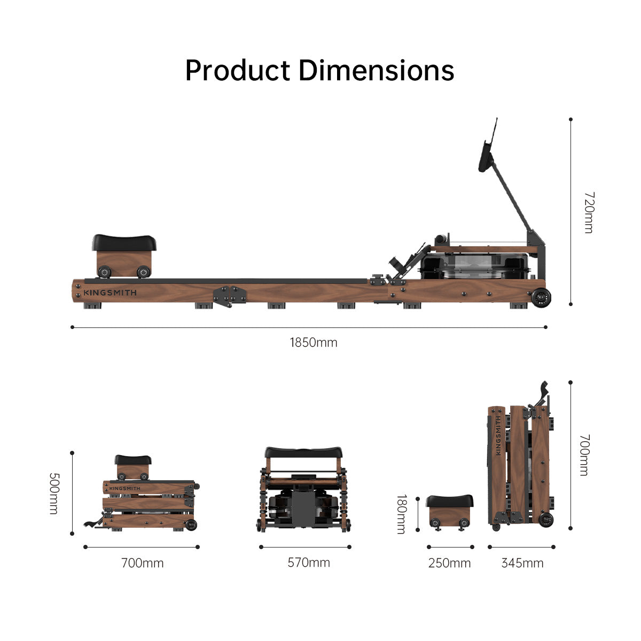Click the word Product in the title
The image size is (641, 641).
click(238, 71)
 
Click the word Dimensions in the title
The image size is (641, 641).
click(376, 71)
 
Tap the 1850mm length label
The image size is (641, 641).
click(314, 342)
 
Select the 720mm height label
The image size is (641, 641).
click(588, 212)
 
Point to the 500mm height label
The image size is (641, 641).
click(53, 493)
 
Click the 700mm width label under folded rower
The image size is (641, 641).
click(142, 563)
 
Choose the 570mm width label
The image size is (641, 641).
click(309, 562)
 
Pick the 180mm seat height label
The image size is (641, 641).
click(401, 514)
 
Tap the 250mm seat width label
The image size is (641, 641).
click(449, 563)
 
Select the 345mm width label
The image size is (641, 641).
click(522, 563)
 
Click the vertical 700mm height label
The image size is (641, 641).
click(584, 455)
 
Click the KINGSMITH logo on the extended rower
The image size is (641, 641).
click(110, 293)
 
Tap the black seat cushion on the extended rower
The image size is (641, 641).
click(124, 243)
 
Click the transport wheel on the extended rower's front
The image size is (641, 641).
click(542, 297)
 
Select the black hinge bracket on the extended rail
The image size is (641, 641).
click(229, 295)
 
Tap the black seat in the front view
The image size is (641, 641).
click(303, 453)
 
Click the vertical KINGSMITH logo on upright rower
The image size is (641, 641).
click(498, 435)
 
